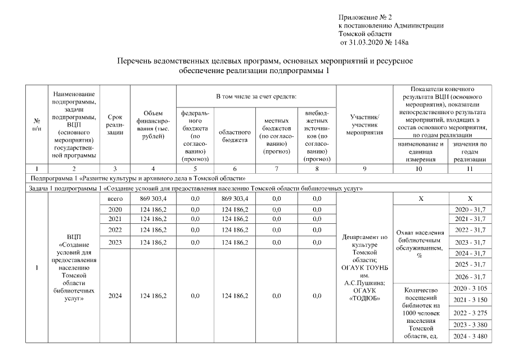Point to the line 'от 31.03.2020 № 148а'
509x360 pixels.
pyautogui.click(x=374, y=43)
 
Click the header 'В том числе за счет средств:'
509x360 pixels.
pyautogui.click(x=255, y=97)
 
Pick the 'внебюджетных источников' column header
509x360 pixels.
pyautogui.click(x=316, y=136)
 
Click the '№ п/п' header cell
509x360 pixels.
pyautogui.click(x=37, y=124)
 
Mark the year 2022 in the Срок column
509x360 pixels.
pyautogui.click(x=115, y=231)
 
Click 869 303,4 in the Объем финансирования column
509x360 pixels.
pyautogui.click(x=152, y=199)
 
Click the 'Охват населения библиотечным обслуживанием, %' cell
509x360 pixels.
pyautogui.click(x=420, y=243)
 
